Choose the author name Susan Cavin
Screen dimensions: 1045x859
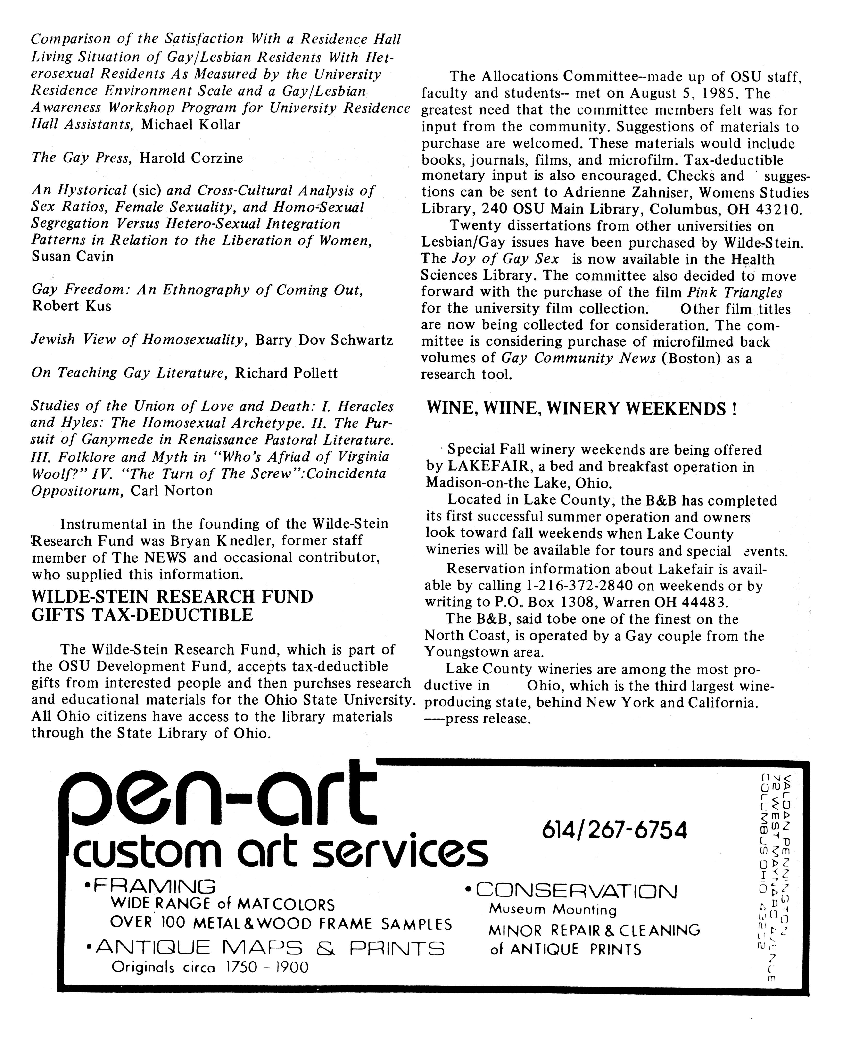pyautogui.click(x=73, y=257)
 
